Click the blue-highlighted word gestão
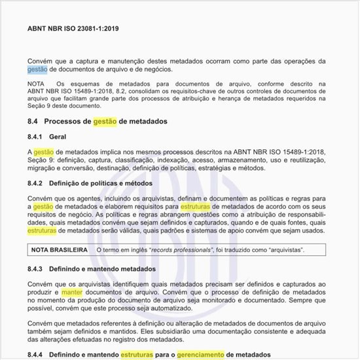coord(37,69)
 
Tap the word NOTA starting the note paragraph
coord(36,84)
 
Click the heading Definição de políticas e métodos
coord(105,183)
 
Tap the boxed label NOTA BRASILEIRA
coord(59,250)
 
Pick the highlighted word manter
coord(72,292)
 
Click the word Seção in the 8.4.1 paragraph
coord(39,161)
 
